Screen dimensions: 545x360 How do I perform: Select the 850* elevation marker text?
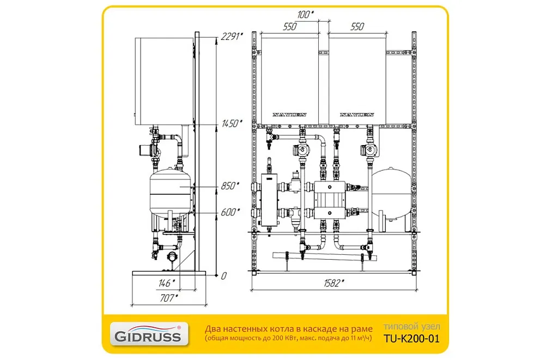(230, 186)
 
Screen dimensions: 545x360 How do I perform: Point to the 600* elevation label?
(230, 212)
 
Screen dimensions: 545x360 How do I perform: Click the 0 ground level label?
(223, 276)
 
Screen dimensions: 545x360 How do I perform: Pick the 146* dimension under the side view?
(166, 283)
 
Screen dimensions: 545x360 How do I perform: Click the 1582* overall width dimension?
(334, 283)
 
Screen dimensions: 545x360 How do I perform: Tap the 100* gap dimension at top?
(306, 15)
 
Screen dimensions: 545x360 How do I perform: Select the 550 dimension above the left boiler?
(289, 26)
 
